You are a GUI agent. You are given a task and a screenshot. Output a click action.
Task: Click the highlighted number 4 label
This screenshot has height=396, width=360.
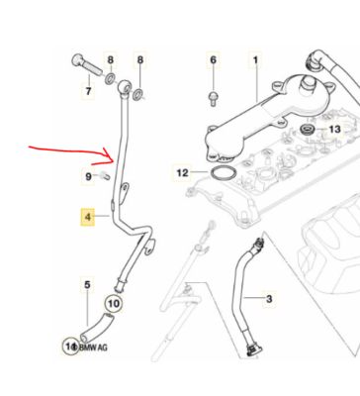88,217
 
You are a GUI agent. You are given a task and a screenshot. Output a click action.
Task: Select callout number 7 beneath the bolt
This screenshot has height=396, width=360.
88,91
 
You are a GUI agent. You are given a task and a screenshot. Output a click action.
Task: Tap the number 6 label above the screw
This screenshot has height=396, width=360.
213,60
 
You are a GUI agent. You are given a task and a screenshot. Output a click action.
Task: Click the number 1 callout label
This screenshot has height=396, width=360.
255,60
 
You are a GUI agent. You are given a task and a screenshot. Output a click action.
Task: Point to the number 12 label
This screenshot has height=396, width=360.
182,172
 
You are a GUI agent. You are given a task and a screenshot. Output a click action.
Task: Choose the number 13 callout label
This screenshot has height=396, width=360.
334,129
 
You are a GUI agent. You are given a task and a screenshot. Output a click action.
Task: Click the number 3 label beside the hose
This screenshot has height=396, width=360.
269,299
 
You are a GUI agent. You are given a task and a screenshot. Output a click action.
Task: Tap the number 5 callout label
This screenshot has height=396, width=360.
87,284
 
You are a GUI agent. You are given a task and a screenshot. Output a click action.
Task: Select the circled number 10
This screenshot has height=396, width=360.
114,304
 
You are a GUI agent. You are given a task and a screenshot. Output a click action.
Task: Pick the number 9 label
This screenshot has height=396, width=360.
88,176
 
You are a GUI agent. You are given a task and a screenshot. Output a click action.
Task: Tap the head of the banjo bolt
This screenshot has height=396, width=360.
77,61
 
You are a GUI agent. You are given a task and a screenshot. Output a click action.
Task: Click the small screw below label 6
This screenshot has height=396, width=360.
213,98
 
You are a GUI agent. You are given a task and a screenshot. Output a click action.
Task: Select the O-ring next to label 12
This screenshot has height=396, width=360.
223,173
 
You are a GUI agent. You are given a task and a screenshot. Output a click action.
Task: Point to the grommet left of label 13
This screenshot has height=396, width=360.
308,129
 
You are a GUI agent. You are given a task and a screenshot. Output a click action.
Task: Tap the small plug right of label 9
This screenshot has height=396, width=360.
104,175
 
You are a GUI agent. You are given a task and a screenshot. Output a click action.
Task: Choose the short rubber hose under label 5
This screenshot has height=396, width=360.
97,328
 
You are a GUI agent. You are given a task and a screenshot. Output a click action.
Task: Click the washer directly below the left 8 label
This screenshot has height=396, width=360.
110,79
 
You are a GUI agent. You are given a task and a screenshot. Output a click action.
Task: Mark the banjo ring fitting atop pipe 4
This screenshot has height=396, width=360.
124,86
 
